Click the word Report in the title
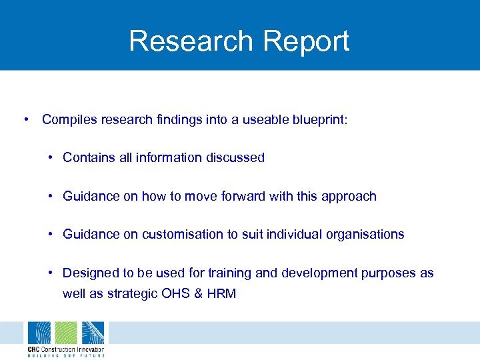tap(306, 41)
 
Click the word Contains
tap(88, 158)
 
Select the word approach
tap(349, 197)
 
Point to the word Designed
tap(89, 273)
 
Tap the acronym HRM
tap(221, 294)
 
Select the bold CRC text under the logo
tap(34, 349)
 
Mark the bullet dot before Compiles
tap(25, 119)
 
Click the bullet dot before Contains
tap(51, 158)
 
